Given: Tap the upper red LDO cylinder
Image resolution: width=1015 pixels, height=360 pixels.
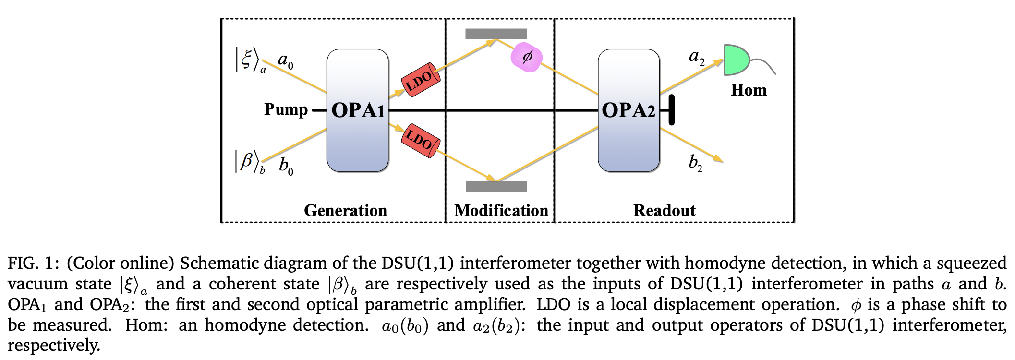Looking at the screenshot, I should pos(421,80).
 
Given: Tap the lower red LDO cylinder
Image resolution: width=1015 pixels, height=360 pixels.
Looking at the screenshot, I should pos(421,140).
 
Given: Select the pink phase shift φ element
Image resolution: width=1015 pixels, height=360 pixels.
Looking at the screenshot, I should pos(527,57).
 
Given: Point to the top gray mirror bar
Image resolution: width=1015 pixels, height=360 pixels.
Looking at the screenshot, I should pos(496,34).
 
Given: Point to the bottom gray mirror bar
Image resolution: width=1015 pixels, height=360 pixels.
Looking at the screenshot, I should pos(496,187).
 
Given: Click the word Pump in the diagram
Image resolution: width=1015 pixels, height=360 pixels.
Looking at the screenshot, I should pos(286,110).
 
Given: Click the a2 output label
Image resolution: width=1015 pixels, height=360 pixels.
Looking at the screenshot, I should pos(697,57).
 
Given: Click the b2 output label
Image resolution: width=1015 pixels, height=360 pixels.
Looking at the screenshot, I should pos(695,163).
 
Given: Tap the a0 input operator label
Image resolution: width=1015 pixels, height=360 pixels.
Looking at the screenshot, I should pos(286,61).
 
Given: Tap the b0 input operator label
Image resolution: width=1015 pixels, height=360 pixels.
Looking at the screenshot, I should pos(286,166).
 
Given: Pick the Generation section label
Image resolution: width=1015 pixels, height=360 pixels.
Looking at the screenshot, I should pos(345,210).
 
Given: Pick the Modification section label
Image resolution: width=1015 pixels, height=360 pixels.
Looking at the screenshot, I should pos(501,210).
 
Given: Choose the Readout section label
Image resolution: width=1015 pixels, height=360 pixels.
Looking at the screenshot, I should pos(664,210).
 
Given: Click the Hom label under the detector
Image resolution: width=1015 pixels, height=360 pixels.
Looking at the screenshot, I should pos(749,90).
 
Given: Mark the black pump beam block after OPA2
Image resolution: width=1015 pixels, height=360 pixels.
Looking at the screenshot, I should pos(671,110).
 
